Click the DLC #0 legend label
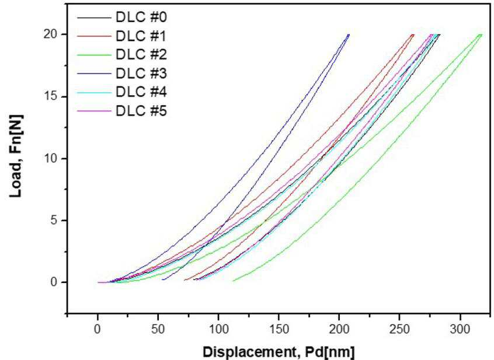click(141, 18)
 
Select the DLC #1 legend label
click(141, 36)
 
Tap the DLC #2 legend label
click(141, 55)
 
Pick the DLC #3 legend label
click(141, 74)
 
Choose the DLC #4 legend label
click(141, 92)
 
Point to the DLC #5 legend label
click(141, 111)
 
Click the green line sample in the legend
click(94, 55)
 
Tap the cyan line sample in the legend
click(94, 92)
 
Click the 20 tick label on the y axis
click(51, 34)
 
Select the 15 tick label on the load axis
click(51, 96)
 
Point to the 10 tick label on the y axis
click(51, 158)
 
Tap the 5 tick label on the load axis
click(54, 221)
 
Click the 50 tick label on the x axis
click(158, 329)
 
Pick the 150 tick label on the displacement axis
click(279, 329)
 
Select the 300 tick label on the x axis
click(460, 329)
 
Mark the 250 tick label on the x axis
click(400, 329)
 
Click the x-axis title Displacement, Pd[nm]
click(279, 352)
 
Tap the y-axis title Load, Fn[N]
click(16, 156)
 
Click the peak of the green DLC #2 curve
click(482, 34)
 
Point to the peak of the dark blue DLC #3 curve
click(349, 34)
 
